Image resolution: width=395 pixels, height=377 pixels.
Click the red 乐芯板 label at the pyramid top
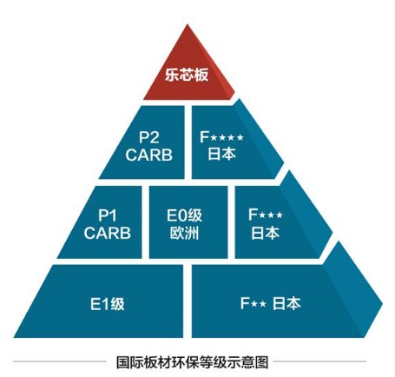point(187,75)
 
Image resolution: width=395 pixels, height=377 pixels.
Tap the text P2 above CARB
point(149,137)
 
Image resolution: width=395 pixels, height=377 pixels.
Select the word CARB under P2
point(149,155)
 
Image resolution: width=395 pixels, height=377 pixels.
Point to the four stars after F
point(227,137)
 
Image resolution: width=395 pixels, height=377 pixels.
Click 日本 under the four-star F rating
point(222,154)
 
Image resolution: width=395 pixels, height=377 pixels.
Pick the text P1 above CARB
point(108,215)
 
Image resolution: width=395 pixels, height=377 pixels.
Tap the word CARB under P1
point(108,233)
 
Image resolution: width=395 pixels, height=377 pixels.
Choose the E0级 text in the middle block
point(184,215)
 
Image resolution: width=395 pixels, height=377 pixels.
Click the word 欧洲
point(184,233)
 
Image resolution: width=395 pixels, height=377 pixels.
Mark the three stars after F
point(271,215)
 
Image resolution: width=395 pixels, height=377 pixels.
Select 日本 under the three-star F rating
point(265,233)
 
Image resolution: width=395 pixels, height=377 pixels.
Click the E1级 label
point(108,304)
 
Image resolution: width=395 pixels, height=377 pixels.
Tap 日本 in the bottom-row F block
point(286,303)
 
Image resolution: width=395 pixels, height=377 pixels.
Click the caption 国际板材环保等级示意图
point(192,362)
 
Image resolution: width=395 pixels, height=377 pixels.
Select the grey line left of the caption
point(59,361)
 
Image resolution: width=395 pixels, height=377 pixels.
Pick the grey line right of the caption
point(319,361)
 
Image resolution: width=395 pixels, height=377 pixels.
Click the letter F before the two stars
point(245,303)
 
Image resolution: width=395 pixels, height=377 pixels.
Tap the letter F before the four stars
point(205,137)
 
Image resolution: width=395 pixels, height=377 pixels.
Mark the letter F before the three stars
point(253,215)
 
